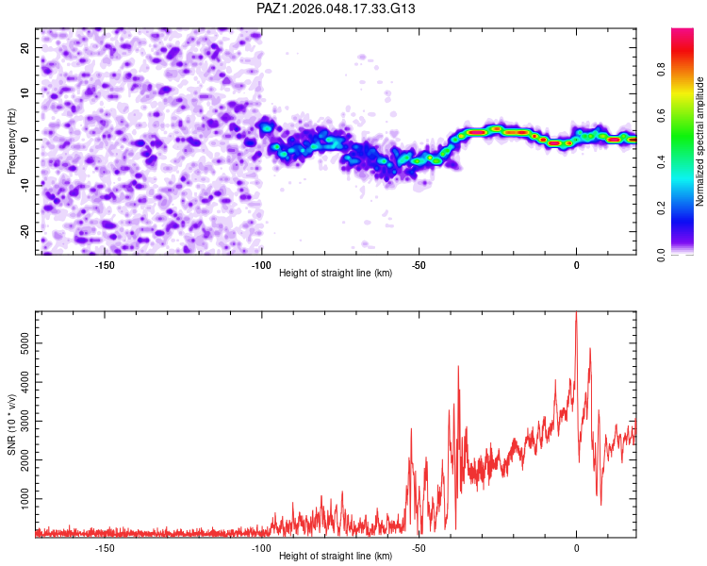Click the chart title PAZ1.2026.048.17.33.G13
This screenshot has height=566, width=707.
[x=337, y=8]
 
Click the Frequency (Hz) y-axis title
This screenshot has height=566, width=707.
[x=11, y=141]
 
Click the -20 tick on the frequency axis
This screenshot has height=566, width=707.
[x=25, y=231]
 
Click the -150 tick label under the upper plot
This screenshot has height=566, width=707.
[x=105, y=265]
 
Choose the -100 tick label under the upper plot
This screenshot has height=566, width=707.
[x=261, y=265]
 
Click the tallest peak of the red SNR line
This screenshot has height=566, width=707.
[x=576, y=314]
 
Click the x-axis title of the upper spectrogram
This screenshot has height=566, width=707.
[x=336, y=274]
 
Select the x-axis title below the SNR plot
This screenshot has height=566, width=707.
[x=336, y=557]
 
